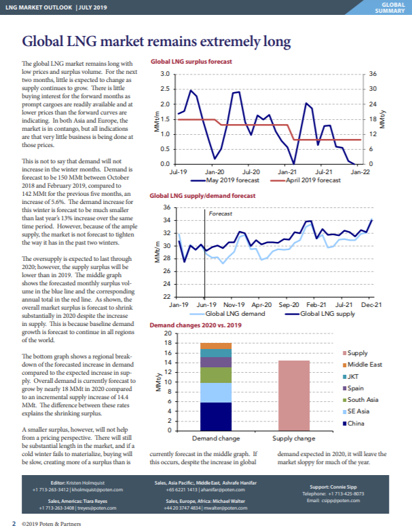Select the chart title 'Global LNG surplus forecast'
tap(191, 61)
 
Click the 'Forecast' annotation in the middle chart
tap(220, 213)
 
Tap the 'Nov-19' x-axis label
tap(233, 306)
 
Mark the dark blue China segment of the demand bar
tap(217, 416)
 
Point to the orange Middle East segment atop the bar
tap(217, 346)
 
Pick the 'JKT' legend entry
tap(357, 376)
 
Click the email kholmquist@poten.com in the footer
tap(98, 489)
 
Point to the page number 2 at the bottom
tap(14, 524)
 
